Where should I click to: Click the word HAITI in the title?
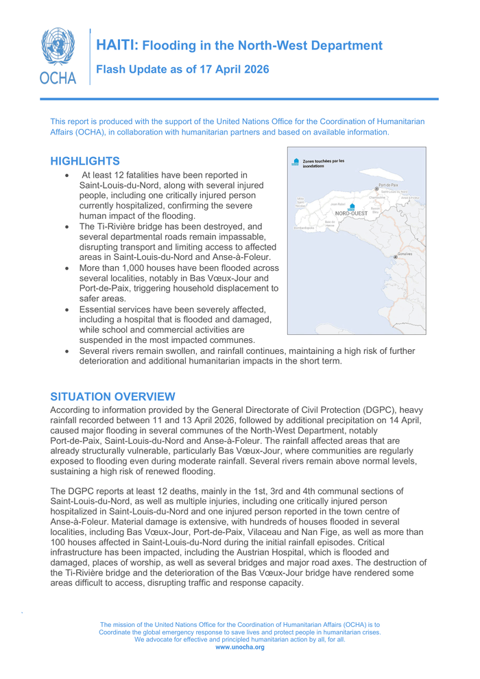(117, 46)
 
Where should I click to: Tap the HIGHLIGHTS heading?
(86, 161)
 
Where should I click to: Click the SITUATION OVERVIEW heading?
(113, 396)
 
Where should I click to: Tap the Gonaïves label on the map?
(405, 254)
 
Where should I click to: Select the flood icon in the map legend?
(296, 162)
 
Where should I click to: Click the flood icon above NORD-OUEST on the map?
(352, 205)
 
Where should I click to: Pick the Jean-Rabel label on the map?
(337, 204)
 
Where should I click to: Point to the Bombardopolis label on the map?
(304, 228)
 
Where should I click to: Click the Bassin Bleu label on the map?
(375, 210)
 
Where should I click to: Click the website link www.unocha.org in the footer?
(239, 647)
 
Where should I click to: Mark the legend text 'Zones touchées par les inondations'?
(323, 163)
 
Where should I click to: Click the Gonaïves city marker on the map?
(396, 257)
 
